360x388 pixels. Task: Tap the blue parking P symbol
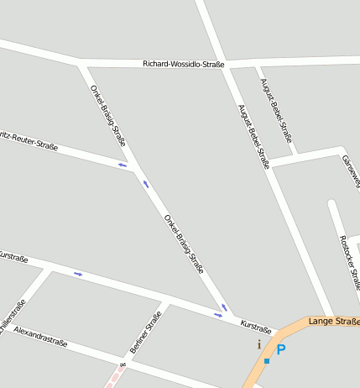(281, 349)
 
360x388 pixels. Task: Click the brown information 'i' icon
(258, 344)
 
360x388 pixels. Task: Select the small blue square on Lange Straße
(267, 360)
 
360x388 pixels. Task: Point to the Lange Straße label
(333, 321)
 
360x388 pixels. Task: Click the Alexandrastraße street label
(40, 336)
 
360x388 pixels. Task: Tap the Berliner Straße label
(146, 332)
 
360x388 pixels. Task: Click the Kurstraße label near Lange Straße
(256, 325)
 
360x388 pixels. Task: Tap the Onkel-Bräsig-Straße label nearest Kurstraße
(184, 244)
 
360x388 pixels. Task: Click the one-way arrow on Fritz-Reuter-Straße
(123, 165)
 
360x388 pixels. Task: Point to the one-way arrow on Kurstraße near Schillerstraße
(78, 274)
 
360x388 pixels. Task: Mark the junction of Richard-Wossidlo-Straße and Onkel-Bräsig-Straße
(81, 65)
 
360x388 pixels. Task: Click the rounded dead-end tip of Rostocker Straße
(332, 204)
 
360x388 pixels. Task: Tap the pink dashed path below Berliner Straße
(115, 377)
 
